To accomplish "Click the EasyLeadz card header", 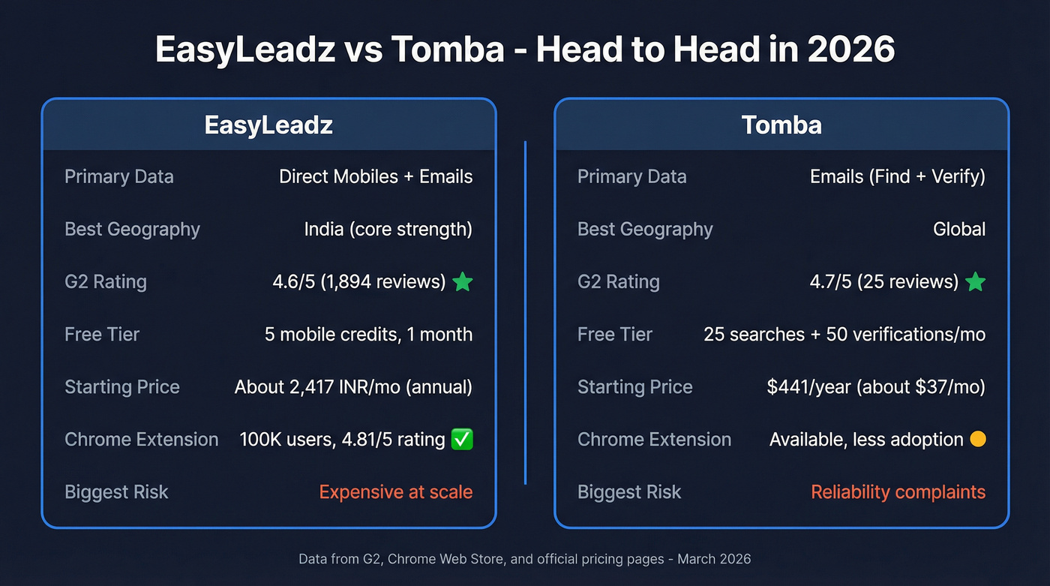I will click(x=268, y=125).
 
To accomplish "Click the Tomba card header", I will click(x=781, y=125).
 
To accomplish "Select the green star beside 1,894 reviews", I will click(x=463, y=282).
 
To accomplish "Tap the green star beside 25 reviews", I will click(x=975, y=282).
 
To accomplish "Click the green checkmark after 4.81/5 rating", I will click(x=463, y=440).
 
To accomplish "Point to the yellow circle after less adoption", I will click(x=977, y=440).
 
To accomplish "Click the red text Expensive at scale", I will click(x=396, y=492).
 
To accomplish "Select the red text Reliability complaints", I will click(x=898, y=492).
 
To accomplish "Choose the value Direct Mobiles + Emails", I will click(x=376, y=177).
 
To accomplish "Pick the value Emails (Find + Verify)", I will click(x=897, y=177).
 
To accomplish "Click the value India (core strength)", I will click(x=388, y=230).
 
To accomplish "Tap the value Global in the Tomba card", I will click(x=958, y=230).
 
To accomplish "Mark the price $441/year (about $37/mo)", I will click(x=876, y=387).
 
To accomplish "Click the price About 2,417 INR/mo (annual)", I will click(x=353, y=387).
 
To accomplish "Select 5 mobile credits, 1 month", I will click(x=368, y=335).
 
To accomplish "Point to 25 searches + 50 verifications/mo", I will click(x=844, y=335).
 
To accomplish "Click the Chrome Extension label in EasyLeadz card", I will click(x=141, y=440).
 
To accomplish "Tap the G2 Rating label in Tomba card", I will click(x=618, y=282).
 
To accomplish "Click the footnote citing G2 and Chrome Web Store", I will click(x=524, y=559).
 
